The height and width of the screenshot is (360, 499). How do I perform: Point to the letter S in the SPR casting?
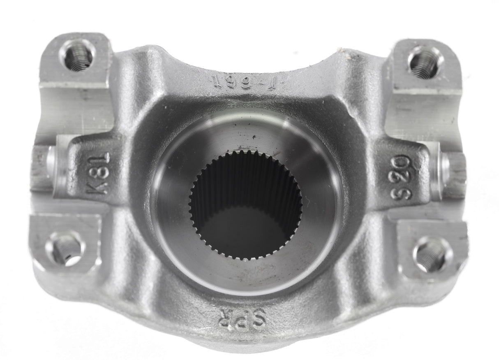click(x=259, y=317)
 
